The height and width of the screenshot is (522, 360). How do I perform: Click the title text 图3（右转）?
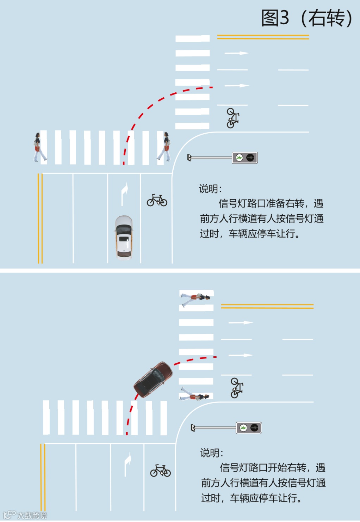tap(306, 18)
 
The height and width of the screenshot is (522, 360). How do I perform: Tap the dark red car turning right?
tap(154, 379)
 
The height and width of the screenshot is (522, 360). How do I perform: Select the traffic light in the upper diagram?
tap(245, 158)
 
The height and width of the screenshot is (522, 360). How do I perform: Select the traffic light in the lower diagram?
tap(249, 428)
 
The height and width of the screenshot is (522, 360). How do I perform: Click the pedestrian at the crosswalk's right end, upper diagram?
tap(165, 147)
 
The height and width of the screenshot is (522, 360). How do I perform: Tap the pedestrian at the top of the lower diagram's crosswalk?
tap(196, 298)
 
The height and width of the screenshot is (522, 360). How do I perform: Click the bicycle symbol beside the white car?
tap(157, 200)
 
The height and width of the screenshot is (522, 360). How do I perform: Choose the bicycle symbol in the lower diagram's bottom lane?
tap(160, 471)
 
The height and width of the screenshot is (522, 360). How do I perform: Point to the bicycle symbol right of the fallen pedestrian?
tap(236, 388)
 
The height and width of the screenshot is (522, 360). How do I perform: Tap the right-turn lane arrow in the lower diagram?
tap(128, 464)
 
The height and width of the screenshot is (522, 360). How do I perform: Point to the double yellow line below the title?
tap(263, 37)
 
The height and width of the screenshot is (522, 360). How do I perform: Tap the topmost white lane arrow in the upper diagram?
tap(237, 53)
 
